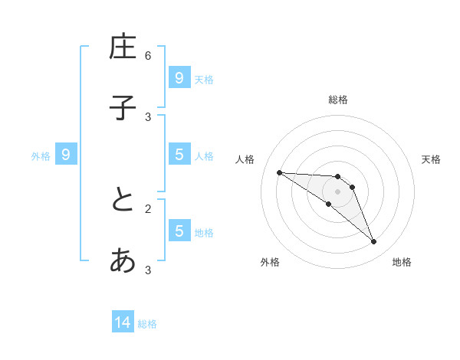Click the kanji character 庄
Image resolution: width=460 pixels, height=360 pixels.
[123, 47]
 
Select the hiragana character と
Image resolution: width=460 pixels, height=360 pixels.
[123, 201]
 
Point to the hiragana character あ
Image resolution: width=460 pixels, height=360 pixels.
[123, 261]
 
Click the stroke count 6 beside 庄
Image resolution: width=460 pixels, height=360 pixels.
[148, 56]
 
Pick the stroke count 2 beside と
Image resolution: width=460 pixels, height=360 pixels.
[148, 208]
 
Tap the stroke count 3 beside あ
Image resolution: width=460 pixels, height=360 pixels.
[148, 270]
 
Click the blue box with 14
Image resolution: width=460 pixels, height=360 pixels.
[123, 323]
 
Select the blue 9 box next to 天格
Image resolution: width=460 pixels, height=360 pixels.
[179, 77]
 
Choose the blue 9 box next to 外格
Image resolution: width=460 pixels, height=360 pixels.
[66, 155]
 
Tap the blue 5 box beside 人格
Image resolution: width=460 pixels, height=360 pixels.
[179, 155]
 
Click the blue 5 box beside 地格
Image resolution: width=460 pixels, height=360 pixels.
[179, 231]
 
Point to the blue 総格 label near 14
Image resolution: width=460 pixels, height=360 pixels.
[147, 324]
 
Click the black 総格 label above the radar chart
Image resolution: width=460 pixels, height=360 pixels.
[338, 100]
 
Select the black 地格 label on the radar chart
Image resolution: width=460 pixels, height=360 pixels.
[402, 262]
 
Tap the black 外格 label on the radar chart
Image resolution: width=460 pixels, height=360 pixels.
[270, 262]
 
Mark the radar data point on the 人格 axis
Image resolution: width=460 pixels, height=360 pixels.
[279, 172]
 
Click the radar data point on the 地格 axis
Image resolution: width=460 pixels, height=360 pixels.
[373, 242]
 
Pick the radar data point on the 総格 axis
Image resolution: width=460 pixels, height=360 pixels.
[337, 177]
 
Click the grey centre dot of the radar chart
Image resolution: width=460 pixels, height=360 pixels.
[337, 191]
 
